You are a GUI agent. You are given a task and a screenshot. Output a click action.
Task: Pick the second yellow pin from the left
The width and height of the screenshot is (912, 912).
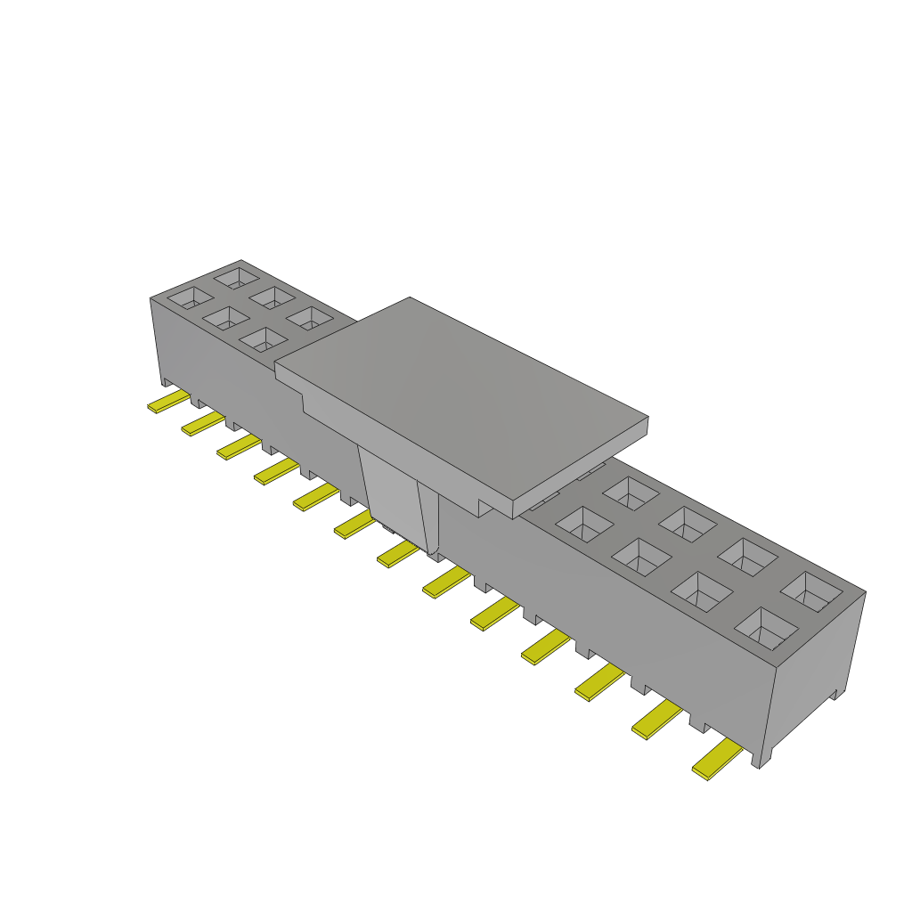pyautogui.click(x=202, y=423)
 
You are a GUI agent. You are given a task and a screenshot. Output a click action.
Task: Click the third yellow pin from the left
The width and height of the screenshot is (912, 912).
pyautogui.click(x=238, y=447)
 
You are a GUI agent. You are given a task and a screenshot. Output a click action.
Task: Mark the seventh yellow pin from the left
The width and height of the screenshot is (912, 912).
pyautogui.click(x=397, y=554)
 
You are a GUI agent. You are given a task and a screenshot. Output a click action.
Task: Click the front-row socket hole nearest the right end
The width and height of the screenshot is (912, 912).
pyautogui.click(x=765, y=626)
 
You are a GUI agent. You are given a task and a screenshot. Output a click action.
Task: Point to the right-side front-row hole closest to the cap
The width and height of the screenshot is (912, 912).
pyautogui.click(x=583, y=525)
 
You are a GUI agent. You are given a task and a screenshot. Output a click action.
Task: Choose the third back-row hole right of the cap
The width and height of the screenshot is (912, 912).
pyautogui.click(x=746, y=556)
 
